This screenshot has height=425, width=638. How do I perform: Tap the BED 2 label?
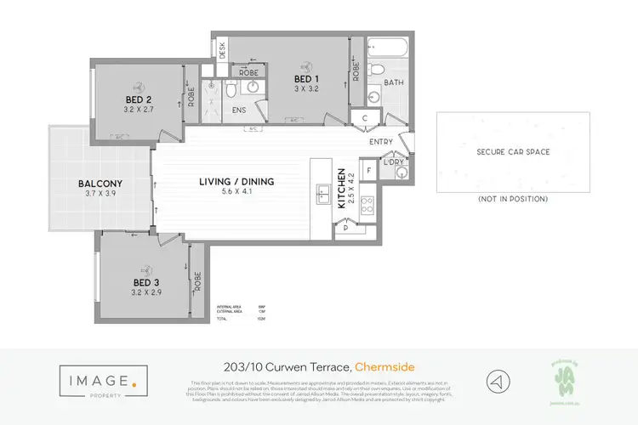[140, 100]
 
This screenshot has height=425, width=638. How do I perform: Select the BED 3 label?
[146, 281]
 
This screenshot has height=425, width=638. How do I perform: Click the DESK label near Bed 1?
[222, 50]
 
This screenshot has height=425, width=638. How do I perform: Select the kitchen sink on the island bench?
[323, 193]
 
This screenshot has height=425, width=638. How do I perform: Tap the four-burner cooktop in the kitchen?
[368, 204]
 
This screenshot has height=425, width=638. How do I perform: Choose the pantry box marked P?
[346, 228]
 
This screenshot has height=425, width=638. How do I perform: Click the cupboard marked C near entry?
[364, 118]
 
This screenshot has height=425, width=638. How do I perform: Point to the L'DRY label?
[394, 161]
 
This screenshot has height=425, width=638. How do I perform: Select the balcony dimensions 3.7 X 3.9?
[100, 194]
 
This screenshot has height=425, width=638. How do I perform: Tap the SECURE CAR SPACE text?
[512, 152]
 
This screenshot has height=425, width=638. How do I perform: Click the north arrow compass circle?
[498, 380]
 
